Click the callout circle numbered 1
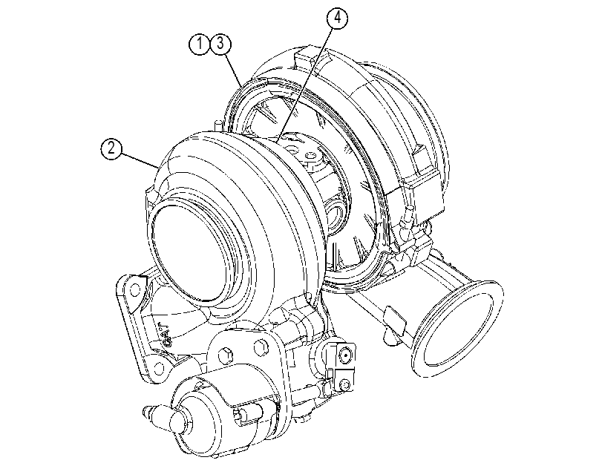coord(199,44)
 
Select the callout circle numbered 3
coord(220,44)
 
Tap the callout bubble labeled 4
coord(338,18)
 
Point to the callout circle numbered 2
coord(111,148)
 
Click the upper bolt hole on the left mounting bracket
coord(134,290)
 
